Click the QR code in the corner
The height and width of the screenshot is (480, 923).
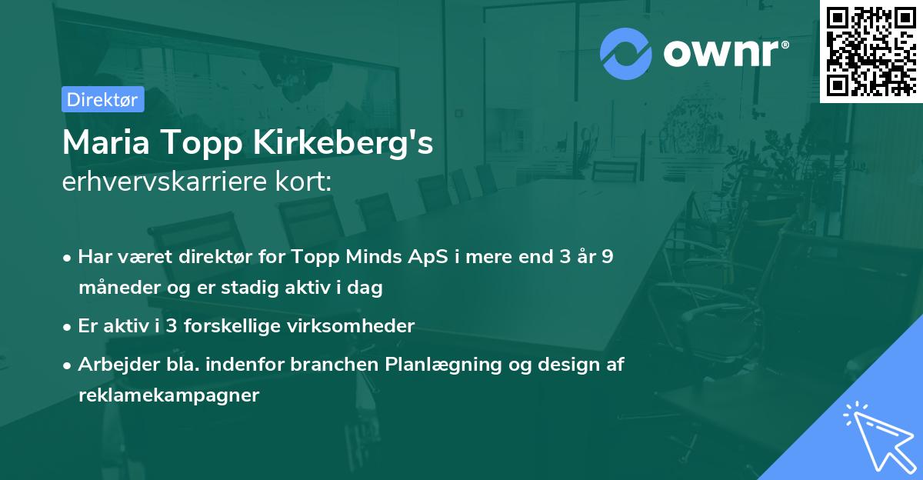(x=871, y=52)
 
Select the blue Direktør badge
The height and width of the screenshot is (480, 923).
(x=102, y=99)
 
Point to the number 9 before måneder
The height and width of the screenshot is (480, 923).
(x=606, y=257)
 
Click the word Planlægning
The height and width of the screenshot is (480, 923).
(x=439, y=365)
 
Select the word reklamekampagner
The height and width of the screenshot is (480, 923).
(x=169, y=395)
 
